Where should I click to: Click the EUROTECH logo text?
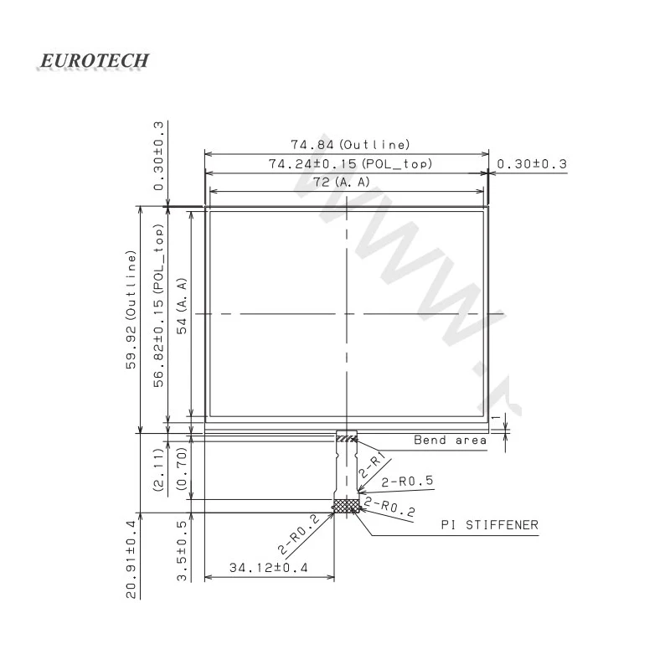coord(94,60)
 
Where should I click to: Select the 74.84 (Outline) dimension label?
coord(350,144)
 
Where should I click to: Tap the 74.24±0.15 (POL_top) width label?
coord(350,163)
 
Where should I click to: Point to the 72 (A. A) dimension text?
coord(342,182)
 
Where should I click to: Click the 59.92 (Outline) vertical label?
coord(131,310)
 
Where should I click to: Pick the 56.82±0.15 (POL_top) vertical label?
coord(158,306)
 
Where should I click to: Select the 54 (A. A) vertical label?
coord(182,306)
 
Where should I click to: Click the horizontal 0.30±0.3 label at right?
coord(532,164)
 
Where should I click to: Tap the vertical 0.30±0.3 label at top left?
coord(158,156)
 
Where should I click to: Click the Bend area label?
coord(450,441)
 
